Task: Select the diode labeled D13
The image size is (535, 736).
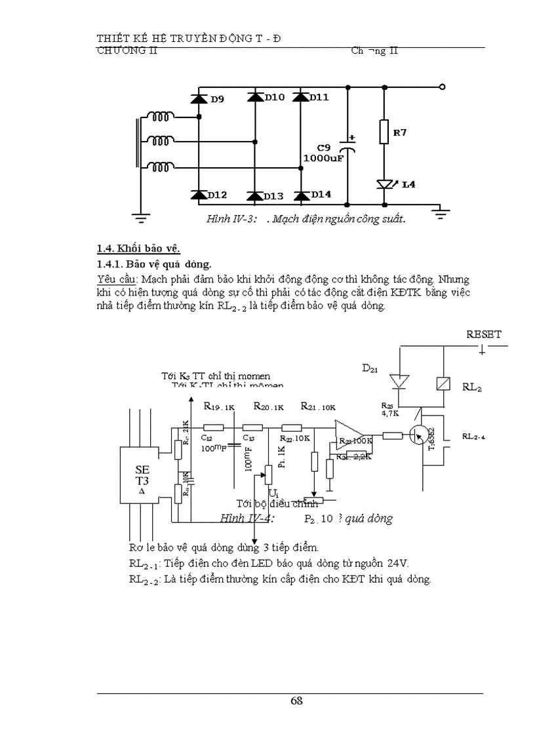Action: pyautogui.click(x=255, y=195)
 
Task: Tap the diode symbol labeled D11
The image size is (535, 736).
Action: pyautogui.click(x=301, y=98)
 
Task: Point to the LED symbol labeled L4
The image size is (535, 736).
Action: pyautogui.click(x=386, y=184)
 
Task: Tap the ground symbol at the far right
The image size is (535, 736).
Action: pyautogui.click(x=441, y=210)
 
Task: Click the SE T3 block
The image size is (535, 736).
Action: pyautogui.click(x=142, y=475)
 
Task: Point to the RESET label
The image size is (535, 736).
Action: pyautogui.click(x=483, y=334)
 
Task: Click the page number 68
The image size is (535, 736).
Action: pyautogui.click(x=296, y=701)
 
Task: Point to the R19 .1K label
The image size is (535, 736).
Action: pyautogui.click(x=219, y=406)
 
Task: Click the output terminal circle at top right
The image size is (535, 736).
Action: pyautogui.click(x=443, y=87)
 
